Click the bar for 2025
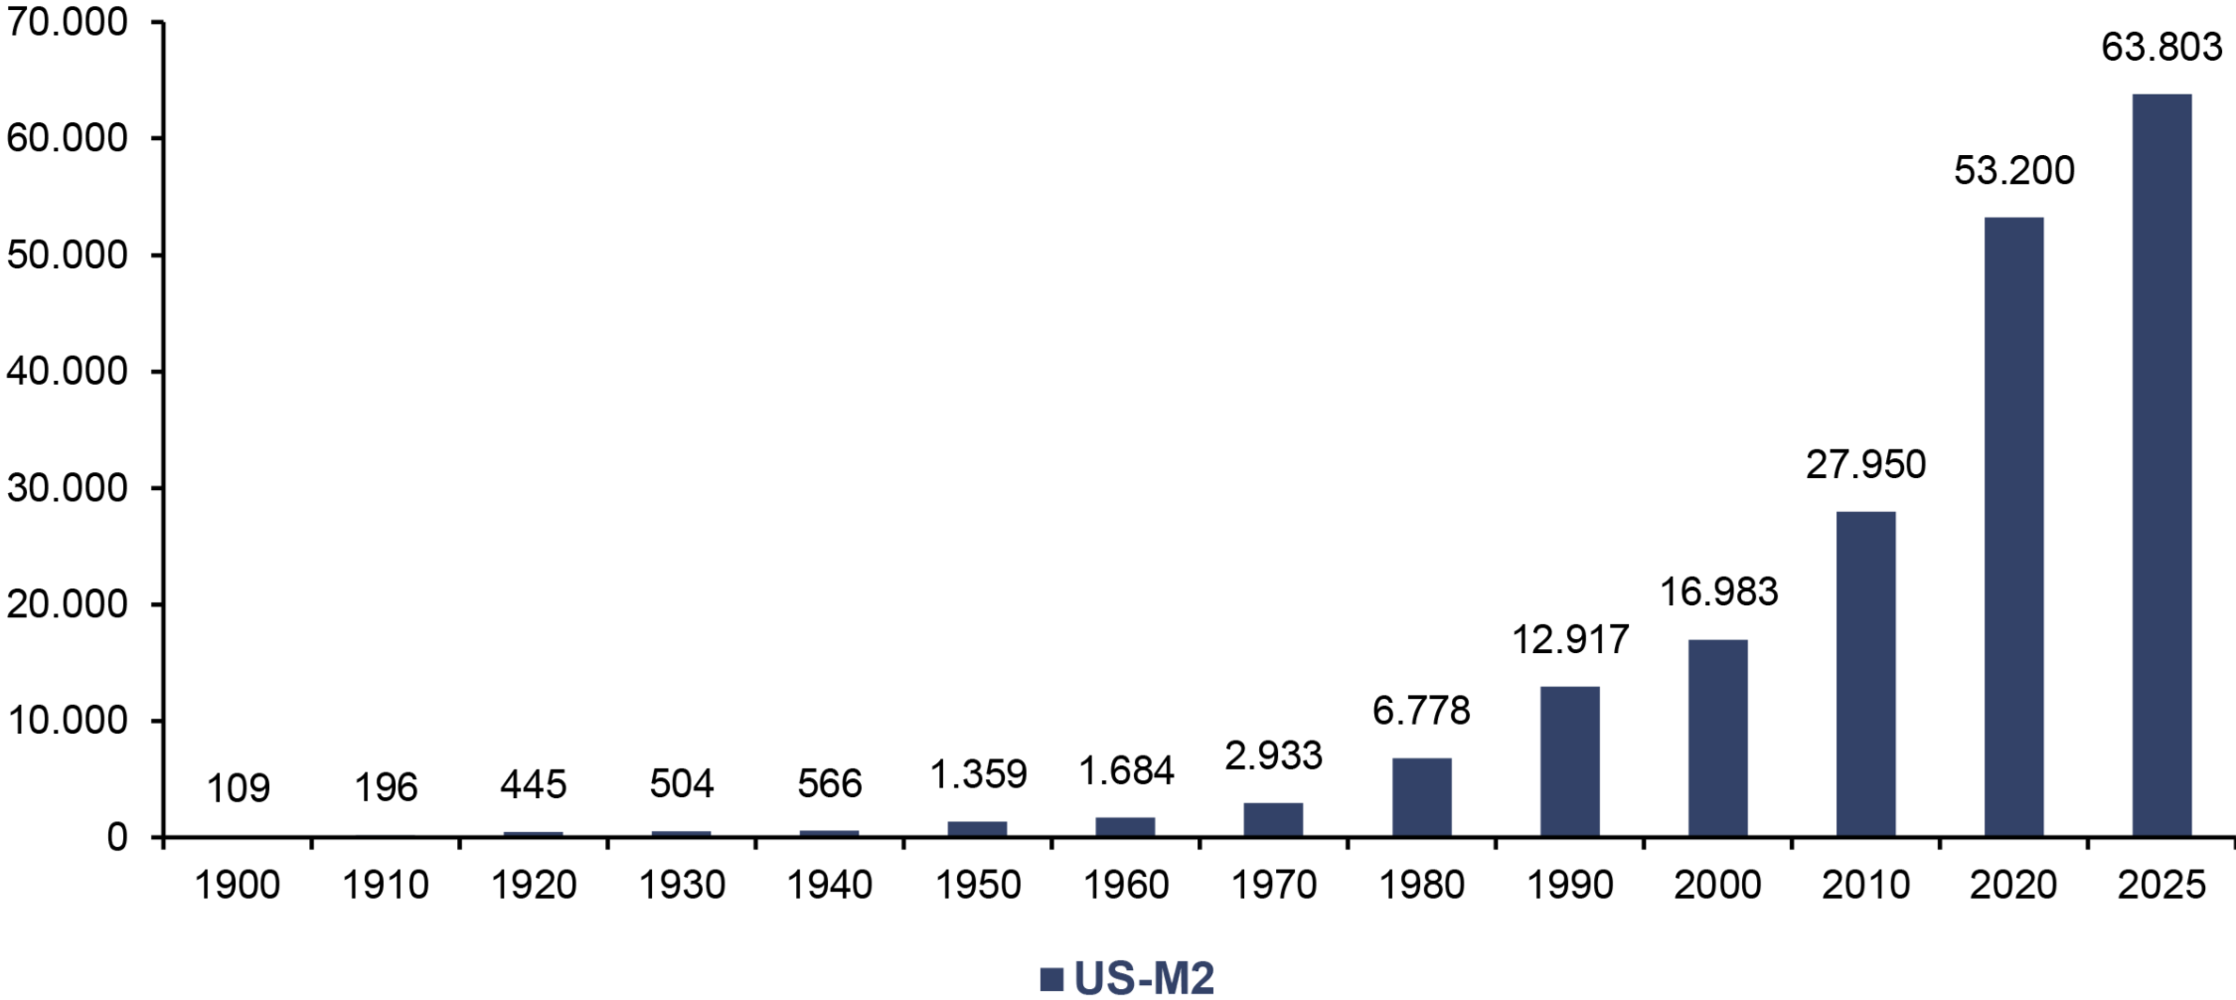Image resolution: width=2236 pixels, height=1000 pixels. tap(2161, 465)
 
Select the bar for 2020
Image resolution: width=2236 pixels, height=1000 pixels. tap(2013, 527)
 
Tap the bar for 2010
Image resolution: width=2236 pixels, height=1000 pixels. tap(1865, 674)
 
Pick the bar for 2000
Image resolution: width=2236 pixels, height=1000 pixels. tap(1717, 739)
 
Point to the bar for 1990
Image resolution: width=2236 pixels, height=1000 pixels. tap(1570, 761)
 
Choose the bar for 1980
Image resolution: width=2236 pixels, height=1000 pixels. tap(1421, 797)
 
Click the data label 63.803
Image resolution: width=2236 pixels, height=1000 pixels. tap(2161, 47)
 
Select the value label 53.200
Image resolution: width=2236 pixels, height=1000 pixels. tap(2014, 170)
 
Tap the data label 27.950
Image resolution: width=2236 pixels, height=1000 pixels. tap(1865, 464)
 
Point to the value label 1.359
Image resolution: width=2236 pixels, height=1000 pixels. tap(978, 774)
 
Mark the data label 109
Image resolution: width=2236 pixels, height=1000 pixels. tap(239, 788)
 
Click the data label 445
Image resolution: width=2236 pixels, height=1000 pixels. tap(534, 785)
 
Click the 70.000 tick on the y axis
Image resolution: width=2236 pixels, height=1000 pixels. tap(68, 22)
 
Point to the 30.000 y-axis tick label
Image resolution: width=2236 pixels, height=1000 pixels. tap(68, 488)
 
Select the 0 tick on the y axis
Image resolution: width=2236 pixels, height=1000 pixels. tap(117, 838)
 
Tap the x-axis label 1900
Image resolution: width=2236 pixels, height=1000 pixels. tap(238, 885)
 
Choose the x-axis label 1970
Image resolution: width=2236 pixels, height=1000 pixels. tap(1274, 885)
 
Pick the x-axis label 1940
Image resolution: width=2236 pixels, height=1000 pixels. tap(830, 885)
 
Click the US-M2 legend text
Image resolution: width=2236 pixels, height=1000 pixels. tap(1144, 979)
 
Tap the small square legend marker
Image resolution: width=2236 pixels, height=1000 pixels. tap(1051, 979)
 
